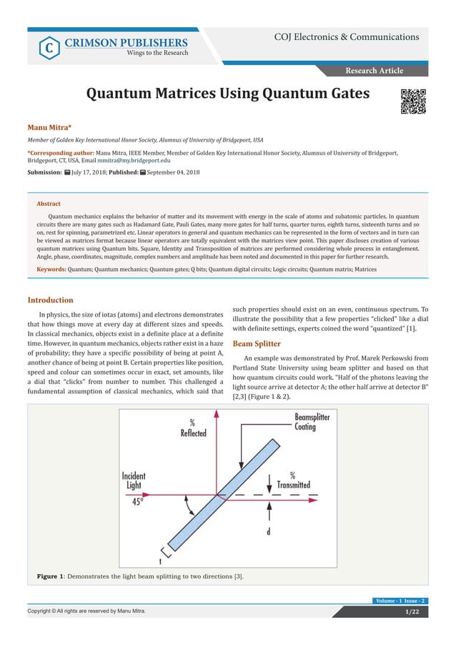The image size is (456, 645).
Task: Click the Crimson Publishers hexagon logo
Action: [x=47, y=47]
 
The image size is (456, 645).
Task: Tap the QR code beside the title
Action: [x=413, y=101]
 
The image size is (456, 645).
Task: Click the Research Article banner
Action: [x=375, y=70]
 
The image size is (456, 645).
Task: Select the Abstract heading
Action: [x=49, y=204]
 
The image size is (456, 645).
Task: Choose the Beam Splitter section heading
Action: [x=258, y=343]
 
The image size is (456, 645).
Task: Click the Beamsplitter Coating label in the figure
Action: [x=312, y=422]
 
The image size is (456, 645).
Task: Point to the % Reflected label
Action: [x=194, y=428]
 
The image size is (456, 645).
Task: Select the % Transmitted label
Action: [x=293, y=480]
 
